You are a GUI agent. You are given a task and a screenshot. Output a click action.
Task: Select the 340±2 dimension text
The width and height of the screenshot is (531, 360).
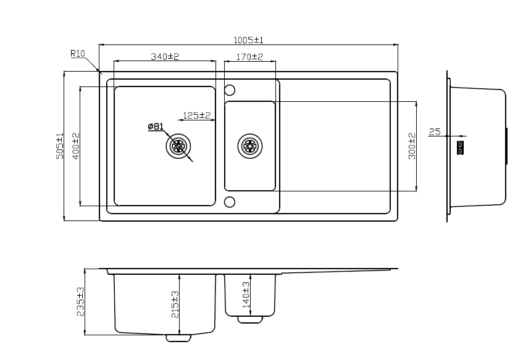tap(165, 57)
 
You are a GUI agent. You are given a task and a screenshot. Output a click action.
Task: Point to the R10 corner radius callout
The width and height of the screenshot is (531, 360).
tap(77, 54)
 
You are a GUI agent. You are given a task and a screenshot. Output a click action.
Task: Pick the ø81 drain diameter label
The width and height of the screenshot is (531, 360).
tap(155, 127)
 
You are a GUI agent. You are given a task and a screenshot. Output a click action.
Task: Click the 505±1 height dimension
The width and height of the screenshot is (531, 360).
tap(60, 146)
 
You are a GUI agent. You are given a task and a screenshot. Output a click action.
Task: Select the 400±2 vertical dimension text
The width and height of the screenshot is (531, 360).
tap(76, 146)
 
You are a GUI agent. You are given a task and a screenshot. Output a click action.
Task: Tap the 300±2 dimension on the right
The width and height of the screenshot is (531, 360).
tap(412, 146)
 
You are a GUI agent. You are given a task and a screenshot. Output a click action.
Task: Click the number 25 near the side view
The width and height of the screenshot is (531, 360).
tap(434, 132)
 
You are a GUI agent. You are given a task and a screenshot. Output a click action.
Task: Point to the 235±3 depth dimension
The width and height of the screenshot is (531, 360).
tap(80, 301)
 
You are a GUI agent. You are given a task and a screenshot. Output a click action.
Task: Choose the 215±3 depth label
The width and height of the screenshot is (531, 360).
tap(175, 304)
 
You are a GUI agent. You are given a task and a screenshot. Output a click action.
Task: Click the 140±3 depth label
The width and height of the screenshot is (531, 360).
tap(246, 295)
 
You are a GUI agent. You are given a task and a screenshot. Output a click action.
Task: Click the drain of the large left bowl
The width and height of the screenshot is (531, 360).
tap(178, 146)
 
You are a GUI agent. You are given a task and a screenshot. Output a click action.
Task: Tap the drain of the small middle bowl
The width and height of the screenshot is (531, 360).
tap(250, 146)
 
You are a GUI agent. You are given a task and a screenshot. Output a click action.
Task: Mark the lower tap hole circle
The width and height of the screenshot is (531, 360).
tap(230, 202)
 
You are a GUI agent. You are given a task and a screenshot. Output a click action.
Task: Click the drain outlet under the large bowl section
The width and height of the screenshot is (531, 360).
tap(178, 338)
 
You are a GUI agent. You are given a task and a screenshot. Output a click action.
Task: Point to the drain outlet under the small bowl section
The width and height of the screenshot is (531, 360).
tap(250, 319)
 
